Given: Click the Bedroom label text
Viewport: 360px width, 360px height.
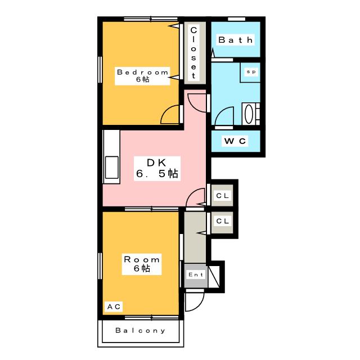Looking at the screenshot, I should (142, 71).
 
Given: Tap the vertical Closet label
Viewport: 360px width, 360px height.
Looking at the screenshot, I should (193, 52).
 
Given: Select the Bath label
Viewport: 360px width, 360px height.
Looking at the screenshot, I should (235, 40).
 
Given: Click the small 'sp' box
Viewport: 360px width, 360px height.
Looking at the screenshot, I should (250, 73).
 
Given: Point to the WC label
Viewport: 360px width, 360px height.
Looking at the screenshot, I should (235, 141).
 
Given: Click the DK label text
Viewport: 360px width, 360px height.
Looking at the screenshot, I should (156, 163).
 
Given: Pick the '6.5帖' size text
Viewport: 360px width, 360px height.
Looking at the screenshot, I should (156, 174).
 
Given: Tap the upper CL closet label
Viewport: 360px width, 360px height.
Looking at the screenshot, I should (223, 196).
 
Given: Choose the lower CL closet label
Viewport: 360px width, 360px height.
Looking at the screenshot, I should (223, 221).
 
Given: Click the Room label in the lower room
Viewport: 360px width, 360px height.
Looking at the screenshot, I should (142, 259).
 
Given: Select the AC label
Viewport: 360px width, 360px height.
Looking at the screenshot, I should (114, 307).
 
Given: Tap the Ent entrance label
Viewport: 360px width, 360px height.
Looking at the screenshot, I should (195, 274).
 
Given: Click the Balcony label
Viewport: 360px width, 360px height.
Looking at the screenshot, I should (141, 331).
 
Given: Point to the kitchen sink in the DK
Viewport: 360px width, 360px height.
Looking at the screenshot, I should (111, 167).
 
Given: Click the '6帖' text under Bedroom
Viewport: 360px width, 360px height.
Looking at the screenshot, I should (142, 80).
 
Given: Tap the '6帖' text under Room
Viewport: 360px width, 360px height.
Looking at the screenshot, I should (142, 268).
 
